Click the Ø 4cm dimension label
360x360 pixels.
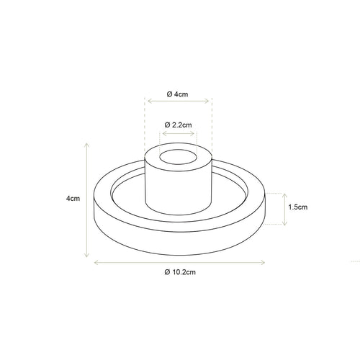click(178, 94)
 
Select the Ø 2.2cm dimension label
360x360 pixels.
click(178, 125)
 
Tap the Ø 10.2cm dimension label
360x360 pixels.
click(180, 272)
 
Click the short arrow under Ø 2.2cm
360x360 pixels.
click(178, 134)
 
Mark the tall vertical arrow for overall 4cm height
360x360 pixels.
click(87, 199)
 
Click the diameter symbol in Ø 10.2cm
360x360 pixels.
click(167, 272)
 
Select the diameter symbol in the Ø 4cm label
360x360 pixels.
click(168, 94)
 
